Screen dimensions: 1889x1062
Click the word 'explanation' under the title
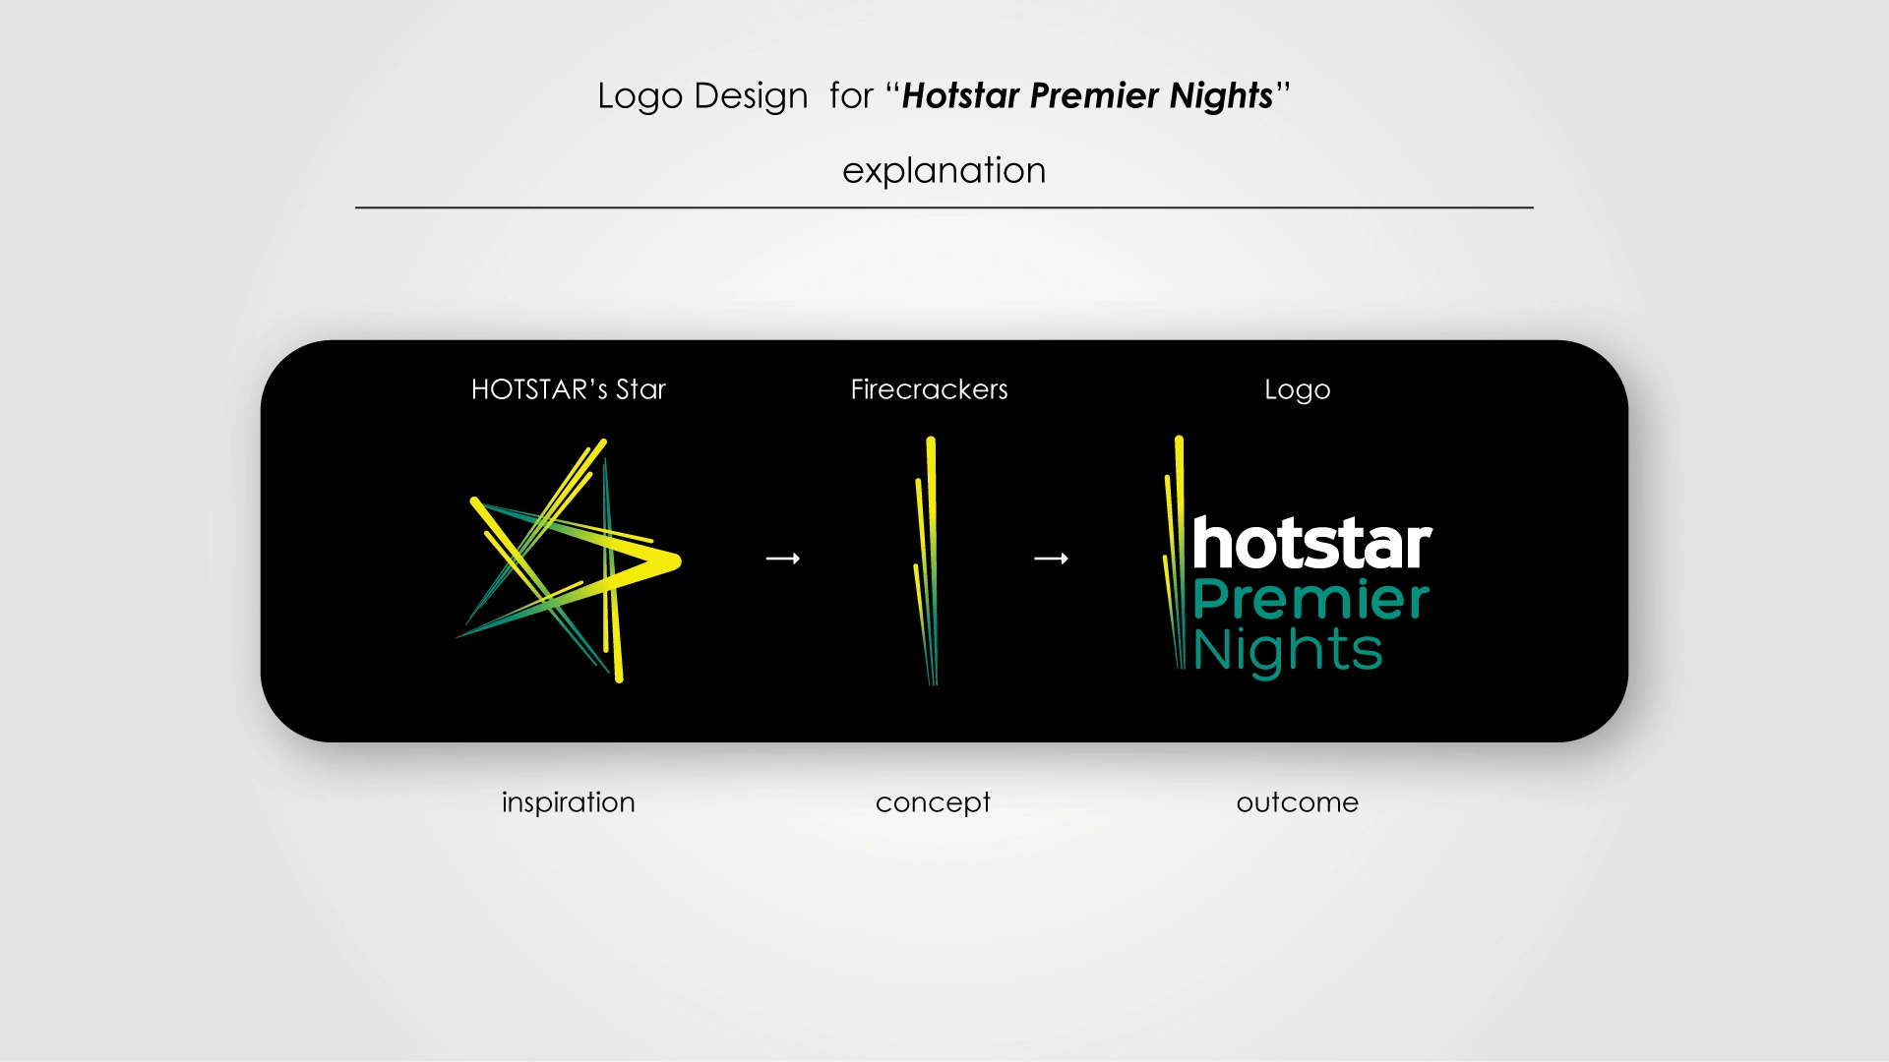(x=944, y=171)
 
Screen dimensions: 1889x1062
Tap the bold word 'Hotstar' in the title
(x=960, y=95)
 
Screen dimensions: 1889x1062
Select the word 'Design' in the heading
(x=751, y=96)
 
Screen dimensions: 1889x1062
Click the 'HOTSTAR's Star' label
(x=569, y=389)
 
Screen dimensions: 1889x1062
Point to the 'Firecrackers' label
(x=929, y=389)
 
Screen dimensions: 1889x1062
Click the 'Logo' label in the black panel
(x=1298, y=390)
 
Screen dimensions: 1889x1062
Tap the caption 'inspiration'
(x=569, y=802)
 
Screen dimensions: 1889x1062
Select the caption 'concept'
(x=933, y=802)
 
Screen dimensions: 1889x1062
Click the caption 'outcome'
(x=1298, y=802)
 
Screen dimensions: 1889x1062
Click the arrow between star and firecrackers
(x=783, y=559)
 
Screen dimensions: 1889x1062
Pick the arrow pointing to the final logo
(x=1051, y=559)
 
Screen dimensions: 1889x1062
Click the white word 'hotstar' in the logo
(x=1312, y=543)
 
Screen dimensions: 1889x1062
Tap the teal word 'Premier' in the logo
(x=1311, y=599)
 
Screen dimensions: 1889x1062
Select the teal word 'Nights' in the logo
(x=1288, y=651)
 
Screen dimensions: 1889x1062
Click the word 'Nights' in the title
(x=1222, y=96)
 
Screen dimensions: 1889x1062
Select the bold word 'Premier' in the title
(x=1095, y=95)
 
